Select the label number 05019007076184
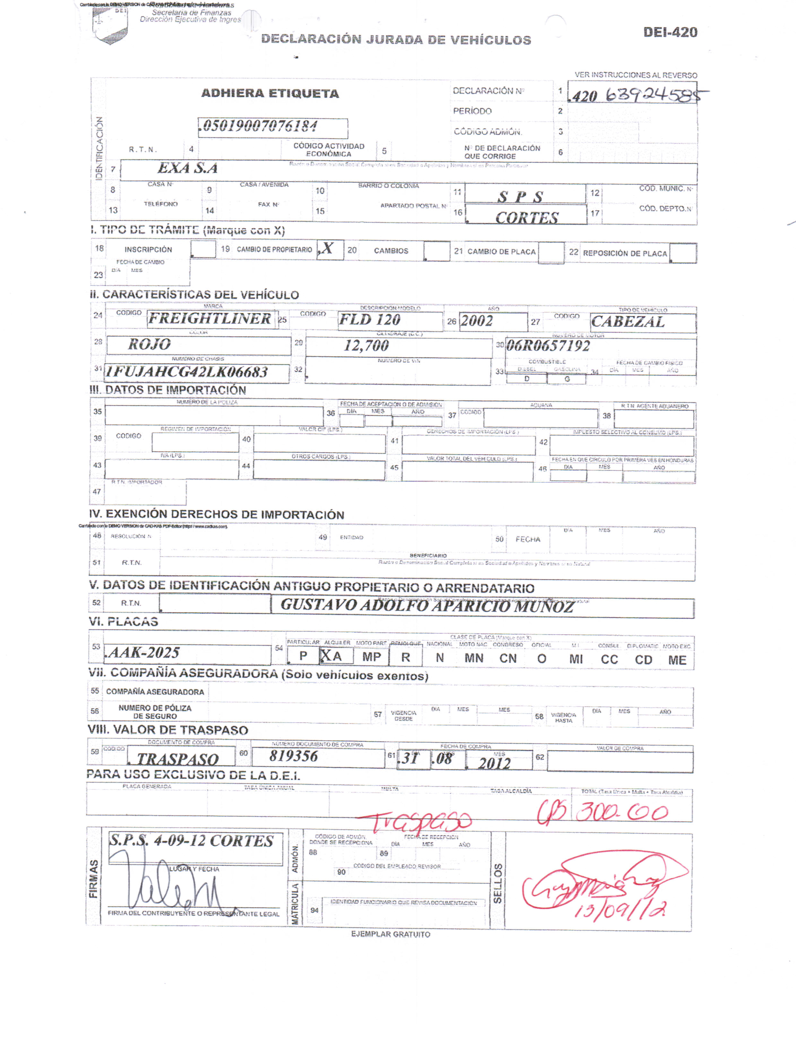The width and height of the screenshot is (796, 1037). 260,127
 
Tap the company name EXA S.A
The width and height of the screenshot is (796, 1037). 188,168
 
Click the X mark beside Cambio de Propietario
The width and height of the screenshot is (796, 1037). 327,248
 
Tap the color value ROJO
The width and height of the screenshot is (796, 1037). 149,344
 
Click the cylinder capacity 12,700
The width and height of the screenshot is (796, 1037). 366,346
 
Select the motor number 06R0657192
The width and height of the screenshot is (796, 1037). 548,346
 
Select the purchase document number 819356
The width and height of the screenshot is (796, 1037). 294,756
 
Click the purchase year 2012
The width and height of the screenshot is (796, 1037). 494,763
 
